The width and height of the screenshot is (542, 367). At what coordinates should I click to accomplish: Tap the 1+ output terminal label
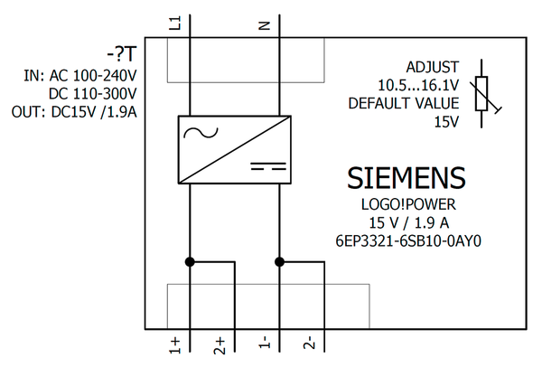[x=175, y=344]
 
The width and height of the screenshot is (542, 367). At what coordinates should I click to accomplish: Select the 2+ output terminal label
[x=220, y=344]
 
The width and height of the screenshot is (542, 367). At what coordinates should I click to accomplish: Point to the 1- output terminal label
[x=265, y=344]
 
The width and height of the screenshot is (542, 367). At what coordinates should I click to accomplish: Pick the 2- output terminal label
[x=310, y=344]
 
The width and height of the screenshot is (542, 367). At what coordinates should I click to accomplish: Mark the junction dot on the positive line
[x=190, y=262]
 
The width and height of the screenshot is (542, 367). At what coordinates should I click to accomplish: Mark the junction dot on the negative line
[x=279, y=262]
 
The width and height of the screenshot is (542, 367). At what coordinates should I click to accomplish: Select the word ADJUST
[x=432, y=67]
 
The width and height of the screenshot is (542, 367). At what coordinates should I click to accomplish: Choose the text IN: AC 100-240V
[x=80, y=76]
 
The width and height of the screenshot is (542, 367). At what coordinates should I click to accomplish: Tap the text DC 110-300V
[x=93, y=94]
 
